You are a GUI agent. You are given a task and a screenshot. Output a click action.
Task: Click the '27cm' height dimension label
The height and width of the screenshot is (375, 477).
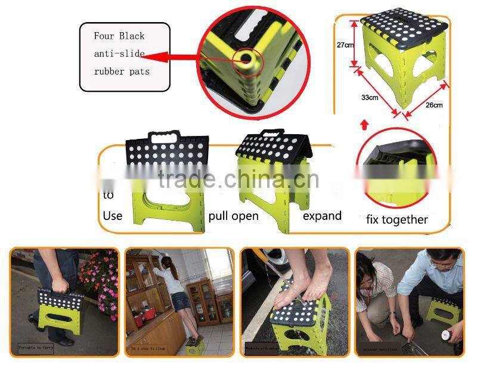(x=346, y=45)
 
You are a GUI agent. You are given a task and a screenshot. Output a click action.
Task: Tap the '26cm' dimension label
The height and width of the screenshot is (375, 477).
(x=433, y=106)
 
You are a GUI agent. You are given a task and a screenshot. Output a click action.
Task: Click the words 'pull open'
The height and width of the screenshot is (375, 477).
(x=234, y=215)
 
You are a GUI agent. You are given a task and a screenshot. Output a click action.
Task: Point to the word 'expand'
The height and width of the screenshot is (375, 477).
(x=322, y=215)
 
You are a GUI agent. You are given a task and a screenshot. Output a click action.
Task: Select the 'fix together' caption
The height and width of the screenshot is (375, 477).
(x=397, y=219)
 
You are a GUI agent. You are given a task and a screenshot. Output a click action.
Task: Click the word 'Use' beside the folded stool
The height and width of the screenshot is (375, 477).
(x=113, y=215)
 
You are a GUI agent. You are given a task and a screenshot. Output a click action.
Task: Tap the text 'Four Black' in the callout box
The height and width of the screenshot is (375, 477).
(x=119, y=36)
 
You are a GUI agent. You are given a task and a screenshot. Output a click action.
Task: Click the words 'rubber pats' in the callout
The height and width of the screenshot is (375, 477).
(x=122, y=71)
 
